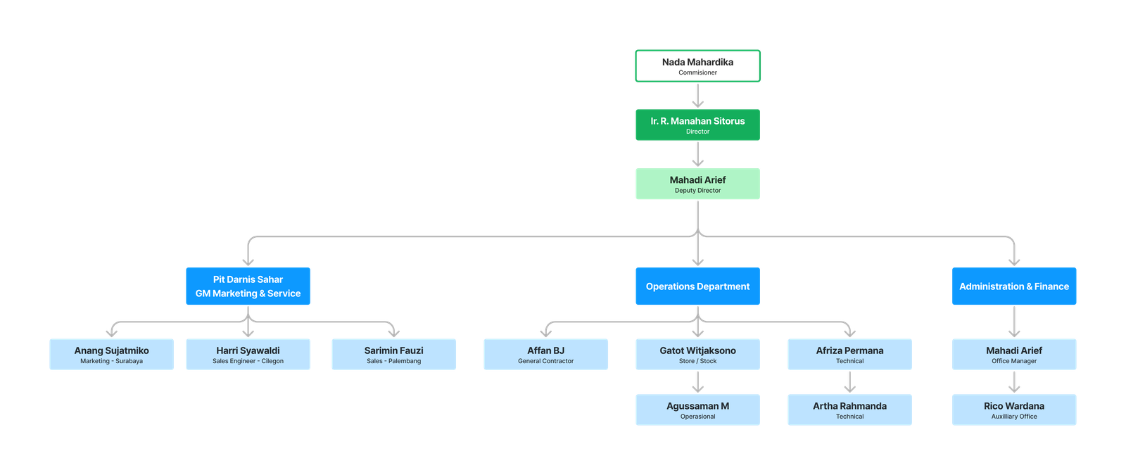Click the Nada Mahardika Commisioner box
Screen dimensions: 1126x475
(x=697, y=66)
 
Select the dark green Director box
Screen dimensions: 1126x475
(x=697, y=125)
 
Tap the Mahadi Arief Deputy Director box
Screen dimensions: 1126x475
(x=697, y=184)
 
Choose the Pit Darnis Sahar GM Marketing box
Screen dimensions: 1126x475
(x=248, y=286)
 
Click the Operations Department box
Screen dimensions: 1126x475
(x=697, y=286)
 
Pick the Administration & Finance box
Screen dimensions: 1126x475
(x=1014, y=286)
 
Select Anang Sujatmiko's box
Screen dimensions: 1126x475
(x=112, y=355)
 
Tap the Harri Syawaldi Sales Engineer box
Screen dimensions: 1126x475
(x=248, y=355)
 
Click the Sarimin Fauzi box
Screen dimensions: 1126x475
(x=393, y=355)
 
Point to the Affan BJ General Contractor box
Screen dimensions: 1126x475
(x=546, y=355)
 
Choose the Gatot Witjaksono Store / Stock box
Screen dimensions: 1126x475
(x=697, y=355)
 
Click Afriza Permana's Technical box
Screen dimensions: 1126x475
(x=849, y=355)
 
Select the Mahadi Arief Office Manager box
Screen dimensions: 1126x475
(x=1014, y=355)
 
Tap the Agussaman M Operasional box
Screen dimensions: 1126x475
(x=697, y=410)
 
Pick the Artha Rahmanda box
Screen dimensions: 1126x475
(x=849, y=410)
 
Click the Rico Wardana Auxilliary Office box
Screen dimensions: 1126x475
(x=1014, y=410)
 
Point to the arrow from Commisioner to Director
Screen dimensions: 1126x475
(x=697, y=96)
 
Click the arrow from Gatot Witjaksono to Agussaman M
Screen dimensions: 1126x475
(x=697, y=382)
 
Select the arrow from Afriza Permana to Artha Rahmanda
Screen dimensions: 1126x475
(x=849, y=382)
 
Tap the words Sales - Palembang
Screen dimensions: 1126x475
(x=393, y=361)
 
